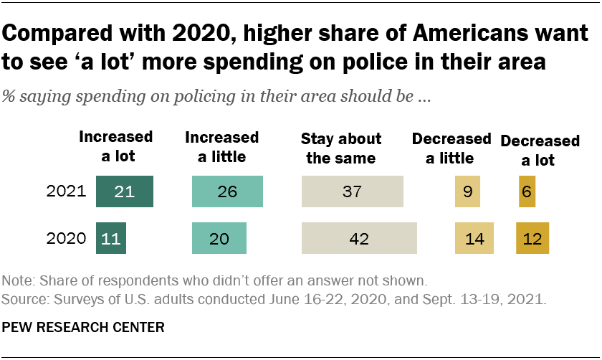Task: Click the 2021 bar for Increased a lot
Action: [125, 192]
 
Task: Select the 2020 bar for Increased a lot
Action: [111, 238]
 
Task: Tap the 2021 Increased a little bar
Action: [228, 192]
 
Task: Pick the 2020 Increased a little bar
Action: [219, 238]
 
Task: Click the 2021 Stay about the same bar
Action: [353, 192]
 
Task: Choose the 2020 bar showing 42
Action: [360, 238]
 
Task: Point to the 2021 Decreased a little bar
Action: [467, 192]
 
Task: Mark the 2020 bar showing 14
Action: [474, 238]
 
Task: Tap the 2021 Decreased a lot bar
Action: [527, 192]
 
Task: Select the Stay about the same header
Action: [340, 148]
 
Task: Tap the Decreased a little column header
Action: [451, 148]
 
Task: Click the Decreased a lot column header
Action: [530, 151]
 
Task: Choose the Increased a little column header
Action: [221, 146]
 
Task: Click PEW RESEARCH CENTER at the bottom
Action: [84, 328]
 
